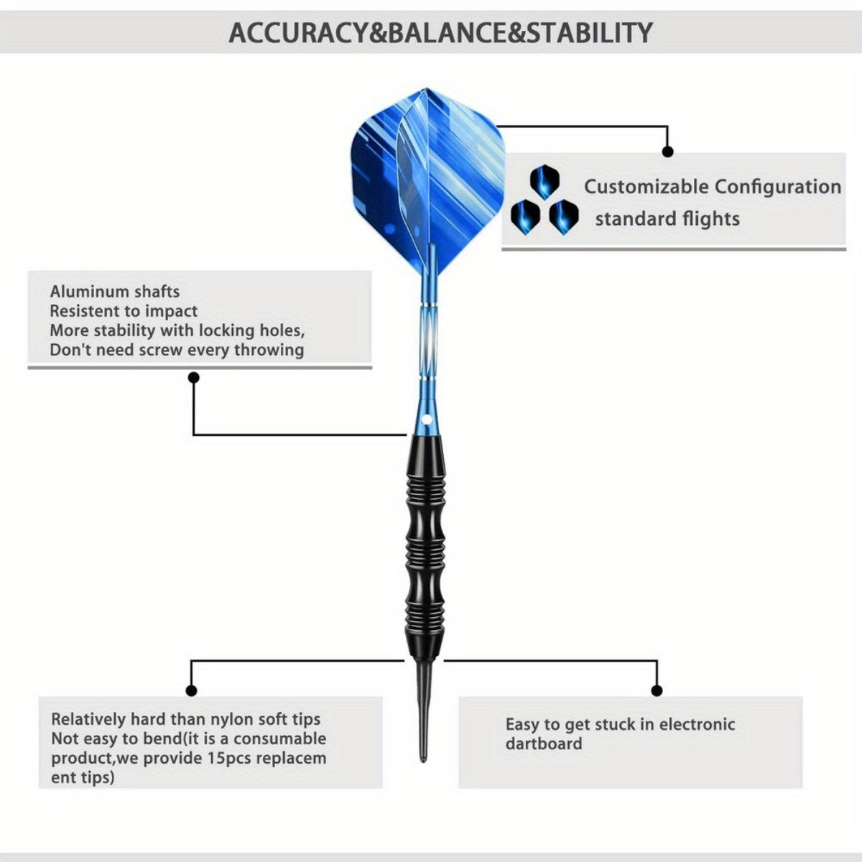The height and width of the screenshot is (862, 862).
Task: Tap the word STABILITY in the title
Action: tap(589, 33)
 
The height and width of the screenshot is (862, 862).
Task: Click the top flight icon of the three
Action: tap(544, 182)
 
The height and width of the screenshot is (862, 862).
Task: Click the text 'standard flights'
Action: tap(667, 219)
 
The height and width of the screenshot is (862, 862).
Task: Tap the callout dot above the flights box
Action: tap(667, 152)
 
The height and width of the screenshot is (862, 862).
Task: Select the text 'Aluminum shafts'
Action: tap(114, 292)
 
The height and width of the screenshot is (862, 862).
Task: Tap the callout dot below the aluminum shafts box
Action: tap(194, 378)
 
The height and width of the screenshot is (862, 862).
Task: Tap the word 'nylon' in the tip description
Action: tap(231, 720)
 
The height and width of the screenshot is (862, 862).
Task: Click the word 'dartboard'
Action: tap(544, 743)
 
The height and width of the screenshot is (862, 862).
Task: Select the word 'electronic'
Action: tap(697, 724)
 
